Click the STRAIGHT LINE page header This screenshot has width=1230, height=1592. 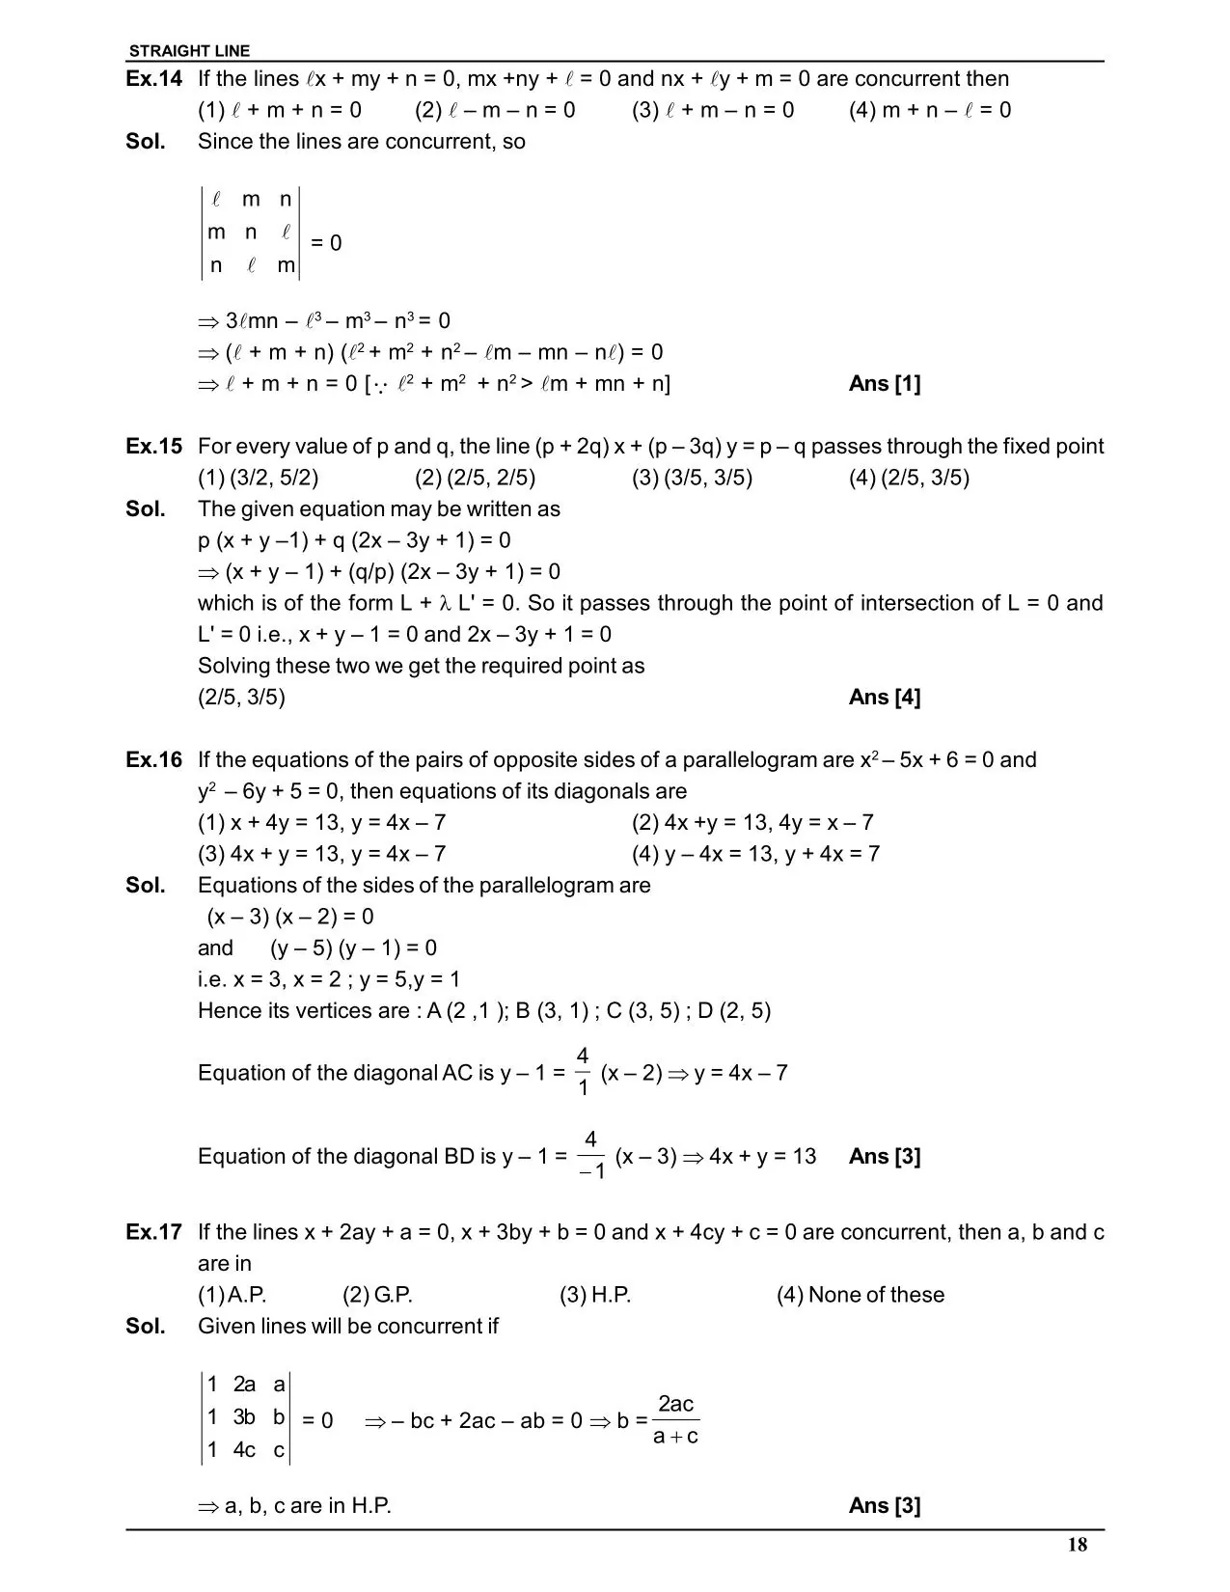(x=189, y=51)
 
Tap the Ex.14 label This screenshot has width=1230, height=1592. (x=153, y=79)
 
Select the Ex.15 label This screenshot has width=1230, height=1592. (x=153, y=447)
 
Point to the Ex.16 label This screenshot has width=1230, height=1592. (x=153, y=760)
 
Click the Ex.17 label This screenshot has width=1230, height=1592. (x=153, y=1232)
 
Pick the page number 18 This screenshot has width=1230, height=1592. (x=1078, y=1545)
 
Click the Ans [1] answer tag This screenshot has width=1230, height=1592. (x=885, y=384)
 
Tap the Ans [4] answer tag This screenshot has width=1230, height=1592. (x=885, y=698)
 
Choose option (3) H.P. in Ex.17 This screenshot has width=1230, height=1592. (x=595, y=1295)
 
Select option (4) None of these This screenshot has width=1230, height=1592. (x=861, y=1295)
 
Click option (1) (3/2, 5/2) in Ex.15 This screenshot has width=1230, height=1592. (x=259, y=478)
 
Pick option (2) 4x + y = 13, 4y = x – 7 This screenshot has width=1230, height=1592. (x=752, y=823)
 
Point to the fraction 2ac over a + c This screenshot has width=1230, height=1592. (x=675, y=1419)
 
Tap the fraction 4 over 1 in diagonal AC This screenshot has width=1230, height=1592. (x=583, y=1071)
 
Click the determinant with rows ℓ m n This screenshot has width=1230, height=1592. (x=251, y=233)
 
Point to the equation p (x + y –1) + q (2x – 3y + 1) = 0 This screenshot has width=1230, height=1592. (x=354, y=540)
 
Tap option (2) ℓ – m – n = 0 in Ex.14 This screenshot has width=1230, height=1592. (x=495, y=110)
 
